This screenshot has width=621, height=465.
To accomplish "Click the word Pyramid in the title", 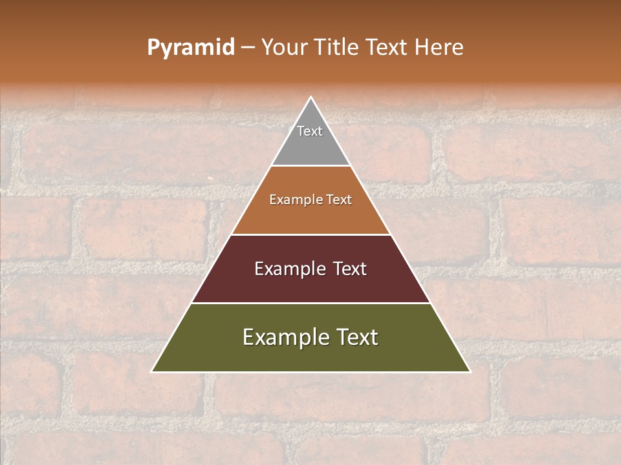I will pyautogui.click(x=190, y=48).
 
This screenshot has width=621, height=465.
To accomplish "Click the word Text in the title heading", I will pyautogui.click(x=387, y=48).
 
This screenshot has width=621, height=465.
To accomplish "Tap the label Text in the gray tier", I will pyautogui.click(x=310, y=131).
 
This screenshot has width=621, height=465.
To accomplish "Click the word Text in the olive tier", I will pyautogui.click(x=356, y=337).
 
